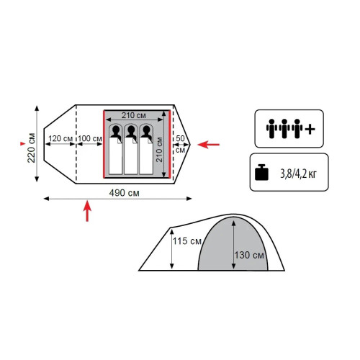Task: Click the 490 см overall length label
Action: pos(124,193)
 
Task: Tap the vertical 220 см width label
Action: pos(32,148)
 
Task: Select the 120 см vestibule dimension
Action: pos(60,138)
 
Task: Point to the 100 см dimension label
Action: pos(90,138)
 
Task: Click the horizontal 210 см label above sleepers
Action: pos(134,115)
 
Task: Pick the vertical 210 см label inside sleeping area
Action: pos(159,150)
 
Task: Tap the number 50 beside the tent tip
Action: pos(180,138)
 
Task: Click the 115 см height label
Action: pos(187,241)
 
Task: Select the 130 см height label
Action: pos(249,255)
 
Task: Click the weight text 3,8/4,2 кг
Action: pos(298,174)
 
